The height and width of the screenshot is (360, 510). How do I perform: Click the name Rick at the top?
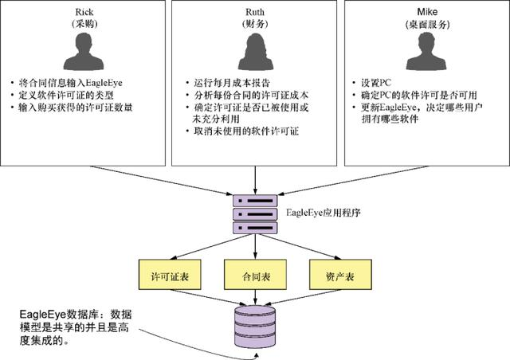click(84, 12)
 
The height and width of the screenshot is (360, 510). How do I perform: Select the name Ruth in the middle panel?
click(254, 12)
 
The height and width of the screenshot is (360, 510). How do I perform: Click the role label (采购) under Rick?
click(84, 24)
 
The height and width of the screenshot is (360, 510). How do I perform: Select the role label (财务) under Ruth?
click(254, 24)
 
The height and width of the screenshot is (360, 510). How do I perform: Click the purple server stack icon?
click(254, 212)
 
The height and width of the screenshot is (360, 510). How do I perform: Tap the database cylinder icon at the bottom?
click(254, 327)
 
